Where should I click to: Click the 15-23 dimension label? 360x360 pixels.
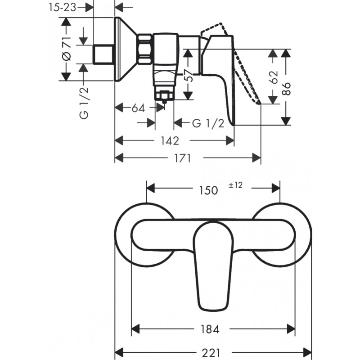[x=62, y=8]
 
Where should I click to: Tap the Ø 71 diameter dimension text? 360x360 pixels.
[x=67, y=49]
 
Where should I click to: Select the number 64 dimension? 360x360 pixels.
[x=138, y=108]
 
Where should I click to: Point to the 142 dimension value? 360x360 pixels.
[x=170, y=141]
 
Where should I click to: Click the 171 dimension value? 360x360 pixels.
[x=183, y=158]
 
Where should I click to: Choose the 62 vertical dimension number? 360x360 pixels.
[x=274, y=77]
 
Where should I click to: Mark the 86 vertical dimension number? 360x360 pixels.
[x=286, y=89]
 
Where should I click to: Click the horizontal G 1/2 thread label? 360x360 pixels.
[x=208, y=123]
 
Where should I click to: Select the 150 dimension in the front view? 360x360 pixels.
[x=208, y=190]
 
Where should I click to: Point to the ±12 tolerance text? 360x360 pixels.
[x=235, y=185]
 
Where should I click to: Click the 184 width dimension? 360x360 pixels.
[x=210, y=329]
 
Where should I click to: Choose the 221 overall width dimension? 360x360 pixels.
[x=211, y=353]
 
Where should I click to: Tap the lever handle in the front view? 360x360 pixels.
[x=213, y=266]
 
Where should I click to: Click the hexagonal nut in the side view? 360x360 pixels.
[x=144, y=49]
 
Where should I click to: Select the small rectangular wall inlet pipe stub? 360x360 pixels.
[x=103, y=54]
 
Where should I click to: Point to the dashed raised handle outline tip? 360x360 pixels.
[x=260, y=103]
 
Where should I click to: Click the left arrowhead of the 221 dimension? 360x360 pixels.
[x=119, y=352]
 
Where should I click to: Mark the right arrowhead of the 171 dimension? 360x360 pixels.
[x=256, y=158]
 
